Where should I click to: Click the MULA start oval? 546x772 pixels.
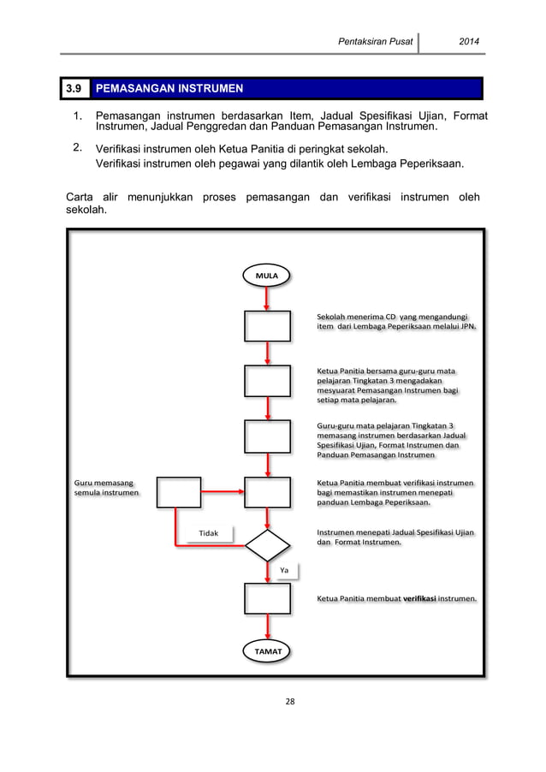click(267, 275)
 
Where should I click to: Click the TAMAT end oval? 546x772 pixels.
click(267, 650)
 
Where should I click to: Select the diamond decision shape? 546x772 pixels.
click(268, 544)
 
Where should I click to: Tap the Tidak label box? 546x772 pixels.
click(209, 532)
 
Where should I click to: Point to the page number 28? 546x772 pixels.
click(289, 702)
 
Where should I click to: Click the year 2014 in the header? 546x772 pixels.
click(470, 41)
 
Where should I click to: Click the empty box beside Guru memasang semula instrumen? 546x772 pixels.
click(178, 492)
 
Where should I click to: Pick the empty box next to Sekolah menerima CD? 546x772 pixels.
click(268, 325)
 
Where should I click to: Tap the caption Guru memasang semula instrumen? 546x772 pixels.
click(103, 489)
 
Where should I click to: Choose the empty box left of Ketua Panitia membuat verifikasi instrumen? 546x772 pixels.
click(268, 598)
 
